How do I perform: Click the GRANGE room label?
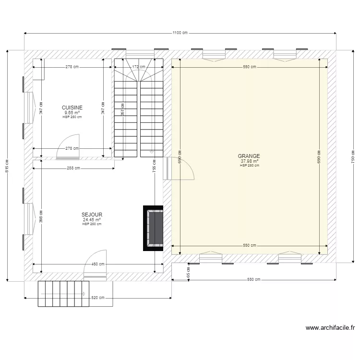(x=249, y=156)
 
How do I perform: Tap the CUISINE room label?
(x=72, y=108)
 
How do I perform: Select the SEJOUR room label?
(x=92, y=215)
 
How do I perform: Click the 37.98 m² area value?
(x=250, y=161)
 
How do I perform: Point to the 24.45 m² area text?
(x=92, y=220)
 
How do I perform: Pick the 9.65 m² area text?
(x=72, y=113)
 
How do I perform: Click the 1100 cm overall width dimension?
(x=180, y=33)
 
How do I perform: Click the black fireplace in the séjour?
(x=154, y=228)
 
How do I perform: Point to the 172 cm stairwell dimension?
(x=139, y=67)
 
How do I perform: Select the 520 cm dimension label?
(x=98, y=298)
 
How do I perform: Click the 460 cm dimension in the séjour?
(x=98, y=264)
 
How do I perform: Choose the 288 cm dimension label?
(x=73, y=168)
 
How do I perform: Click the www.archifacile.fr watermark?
(x=330, y=328)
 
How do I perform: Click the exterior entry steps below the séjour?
(x=63, y=294)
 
